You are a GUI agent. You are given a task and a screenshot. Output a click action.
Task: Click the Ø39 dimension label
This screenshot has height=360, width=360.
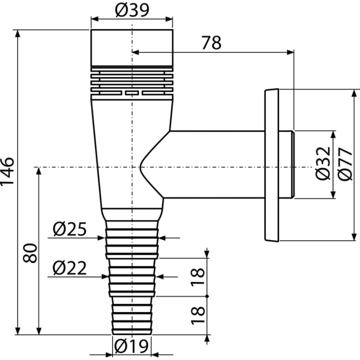132,10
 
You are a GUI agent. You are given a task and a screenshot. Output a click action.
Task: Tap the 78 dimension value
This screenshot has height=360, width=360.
211,42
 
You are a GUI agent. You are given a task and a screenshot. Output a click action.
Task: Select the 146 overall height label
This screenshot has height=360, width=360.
7,171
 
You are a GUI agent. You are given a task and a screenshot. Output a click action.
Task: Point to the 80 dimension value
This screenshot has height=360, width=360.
30,253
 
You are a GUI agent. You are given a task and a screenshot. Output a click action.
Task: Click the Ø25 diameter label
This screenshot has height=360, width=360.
69,229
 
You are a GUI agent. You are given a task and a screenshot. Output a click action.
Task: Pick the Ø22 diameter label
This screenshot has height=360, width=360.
69,268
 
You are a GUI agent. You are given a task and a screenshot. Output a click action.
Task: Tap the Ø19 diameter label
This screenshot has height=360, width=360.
131,346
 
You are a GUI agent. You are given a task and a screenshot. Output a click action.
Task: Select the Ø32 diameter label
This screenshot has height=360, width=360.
323,163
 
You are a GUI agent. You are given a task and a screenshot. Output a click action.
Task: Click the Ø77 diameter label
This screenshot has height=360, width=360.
345,164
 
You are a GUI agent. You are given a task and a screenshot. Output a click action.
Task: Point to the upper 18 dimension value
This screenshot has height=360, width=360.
197,277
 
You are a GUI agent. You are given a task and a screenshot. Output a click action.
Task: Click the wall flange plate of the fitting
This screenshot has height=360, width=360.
272,165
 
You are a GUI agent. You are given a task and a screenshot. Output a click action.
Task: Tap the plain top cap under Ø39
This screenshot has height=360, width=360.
132,48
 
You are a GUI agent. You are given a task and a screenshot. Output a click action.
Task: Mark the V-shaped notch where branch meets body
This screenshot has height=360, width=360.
140,167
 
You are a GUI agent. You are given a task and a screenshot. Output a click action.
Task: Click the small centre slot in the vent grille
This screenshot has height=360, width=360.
132,93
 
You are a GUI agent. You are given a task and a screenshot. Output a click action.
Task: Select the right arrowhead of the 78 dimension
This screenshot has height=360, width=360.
290,52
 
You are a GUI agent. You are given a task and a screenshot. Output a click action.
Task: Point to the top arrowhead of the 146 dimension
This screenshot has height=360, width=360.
17,33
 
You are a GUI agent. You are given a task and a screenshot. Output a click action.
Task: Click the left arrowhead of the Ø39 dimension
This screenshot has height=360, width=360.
95,19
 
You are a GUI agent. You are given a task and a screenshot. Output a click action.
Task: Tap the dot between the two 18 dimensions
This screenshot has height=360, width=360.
207,296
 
